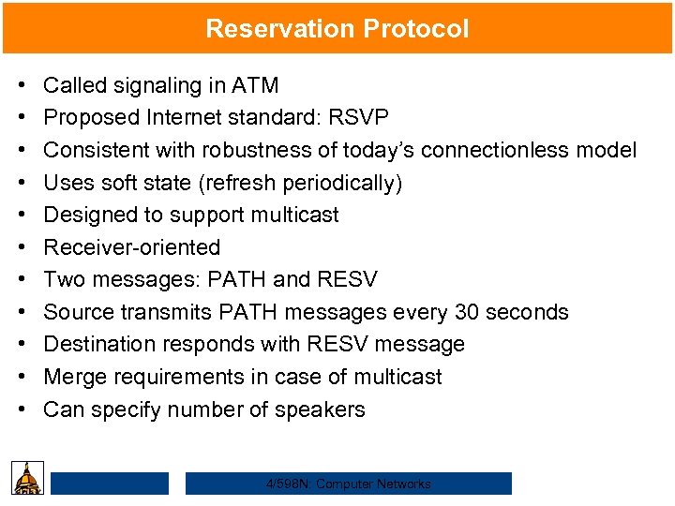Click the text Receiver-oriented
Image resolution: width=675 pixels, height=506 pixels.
tap(132, 247)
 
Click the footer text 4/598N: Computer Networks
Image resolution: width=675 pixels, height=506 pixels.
tap(348, 484)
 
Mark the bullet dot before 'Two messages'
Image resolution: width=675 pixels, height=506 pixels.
tap(22, 280)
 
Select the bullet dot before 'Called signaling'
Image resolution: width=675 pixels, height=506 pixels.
tap(22, 86)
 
